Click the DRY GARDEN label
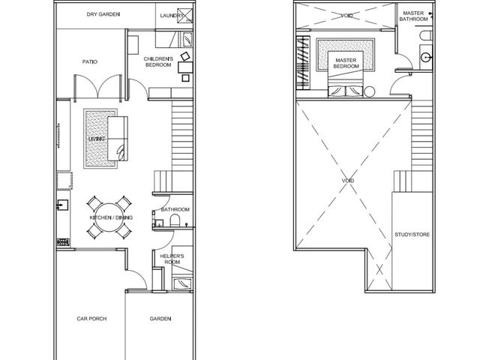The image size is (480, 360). click(x=103, y=14)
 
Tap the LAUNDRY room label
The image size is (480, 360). click(x=172, y=16)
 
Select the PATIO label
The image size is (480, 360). click(x=90, y=61)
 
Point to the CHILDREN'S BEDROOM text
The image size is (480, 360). click(x=158, y=61)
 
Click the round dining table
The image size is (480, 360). click(x=109, y=217)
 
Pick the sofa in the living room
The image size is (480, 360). click(x=118, y=139)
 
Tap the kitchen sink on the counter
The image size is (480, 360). click(x=63, y=205)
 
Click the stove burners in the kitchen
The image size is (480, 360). click(x=63, y=242)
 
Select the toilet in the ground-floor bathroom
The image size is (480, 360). click(x=175, y=220)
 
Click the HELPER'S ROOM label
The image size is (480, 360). click(x=172, y=259)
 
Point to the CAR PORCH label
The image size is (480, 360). click(x=91, y=319)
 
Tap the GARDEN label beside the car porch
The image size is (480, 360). click(x=160, y=319)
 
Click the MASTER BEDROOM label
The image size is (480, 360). click(x=346, y=63)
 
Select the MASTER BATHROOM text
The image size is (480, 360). click(x=413, y=16)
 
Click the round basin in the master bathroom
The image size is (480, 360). click(x=426, y=57)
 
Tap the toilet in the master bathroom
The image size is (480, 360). click(x=426, y=35)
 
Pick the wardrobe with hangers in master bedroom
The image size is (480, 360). click(x=303, y=63)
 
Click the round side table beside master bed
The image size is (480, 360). click(x=370, y=91)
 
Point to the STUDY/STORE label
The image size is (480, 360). click(x=412, y=235)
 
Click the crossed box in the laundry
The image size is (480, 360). click(x=185, y=16)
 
